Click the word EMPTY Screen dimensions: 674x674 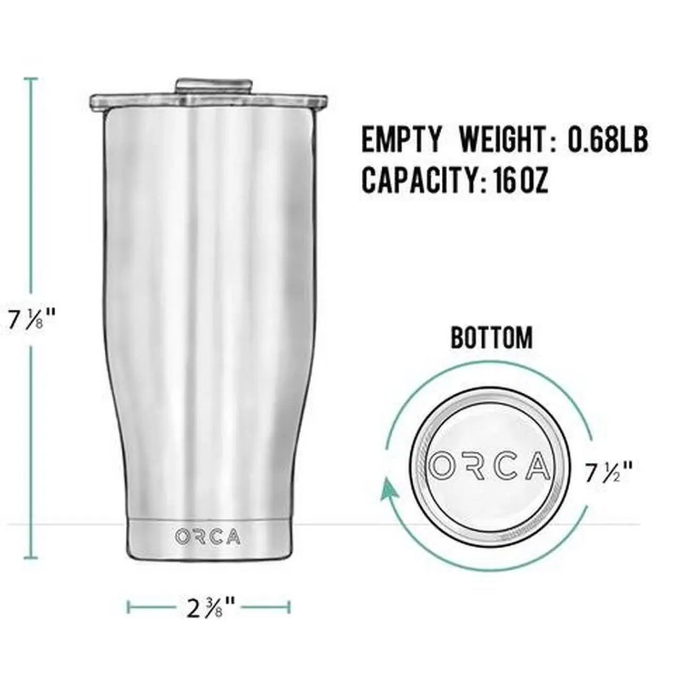click(401, 140)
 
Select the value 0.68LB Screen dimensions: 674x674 click(607, 140)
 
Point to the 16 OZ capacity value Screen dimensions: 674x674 click(521, 180)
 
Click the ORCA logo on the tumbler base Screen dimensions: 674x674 click(208, 537)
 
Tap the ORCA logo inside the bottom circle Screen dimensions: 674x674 click(490, 466)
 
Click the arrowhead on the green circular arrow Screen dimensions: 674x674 click(390, 489)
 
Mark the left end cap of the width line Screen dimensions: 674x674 click(128, 607)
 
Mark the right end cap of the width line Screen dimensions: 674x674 click(289, 607)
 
